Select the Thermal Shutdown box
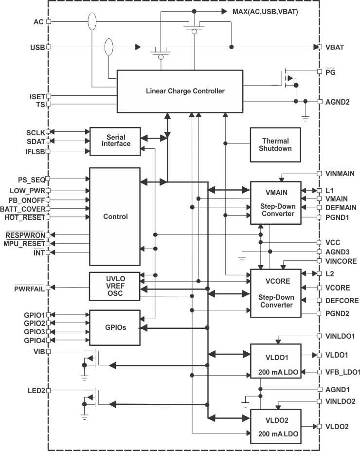275,145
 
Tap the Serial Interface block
115,141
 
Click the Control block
115,216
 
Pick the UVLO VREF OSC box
115,286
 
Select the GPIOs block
115,327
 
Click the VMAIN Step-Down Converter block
275,202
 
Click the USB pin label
37,47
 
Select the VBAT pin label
335,47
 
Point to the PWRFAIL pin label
23,288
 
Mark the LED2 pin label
36,390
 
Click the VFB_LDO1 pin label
343,372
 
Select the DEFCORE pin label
342,301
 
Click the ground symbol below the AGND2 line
305,118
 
